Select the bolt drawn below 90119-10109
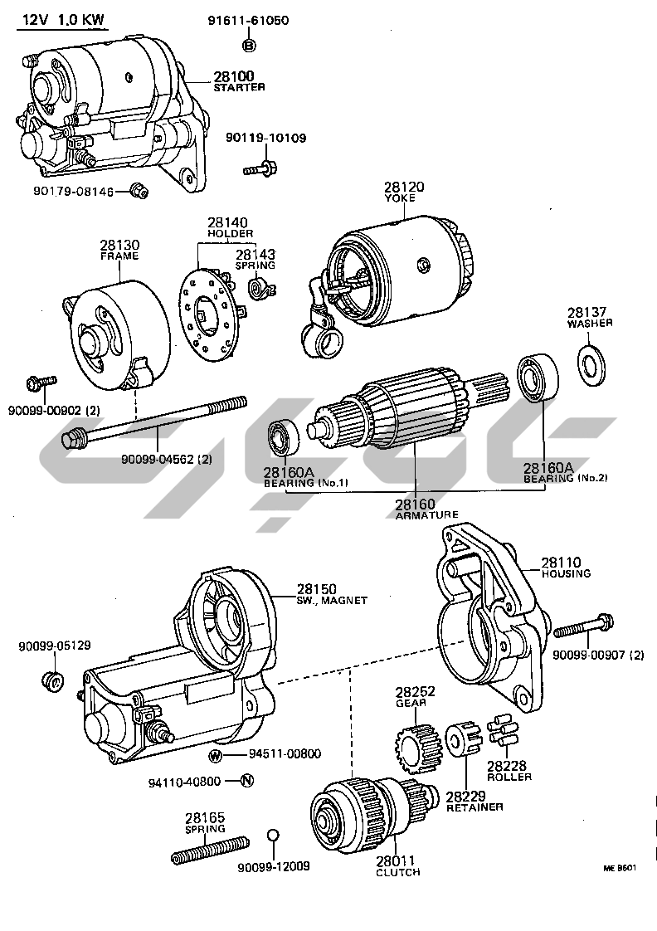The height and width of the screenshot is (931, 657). pyautogui.click(x=259, y=168)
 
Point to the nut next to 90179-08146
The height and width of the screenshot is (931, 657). pyautogui.click(x=140, y=192)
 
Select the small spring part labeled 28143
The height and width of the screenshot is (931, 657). pyautogui.click(x=260, y=289)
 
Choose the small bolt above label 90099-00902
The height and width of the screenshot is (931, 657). pyautogui.click(x=40, y=383)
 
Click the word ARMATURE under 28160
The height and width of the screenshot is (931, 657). pyautogui.click(x=426, y=514)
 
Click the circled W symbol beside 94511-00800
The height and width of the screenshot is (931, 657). pyautogui.click(x=216, y=755)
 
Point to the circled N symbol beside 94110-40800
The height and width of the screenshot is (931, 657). pyautogui.click(x=246, y=781)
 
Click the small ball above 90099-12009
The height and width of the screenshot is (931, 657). pyautogui.click(x=273, y=835)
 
